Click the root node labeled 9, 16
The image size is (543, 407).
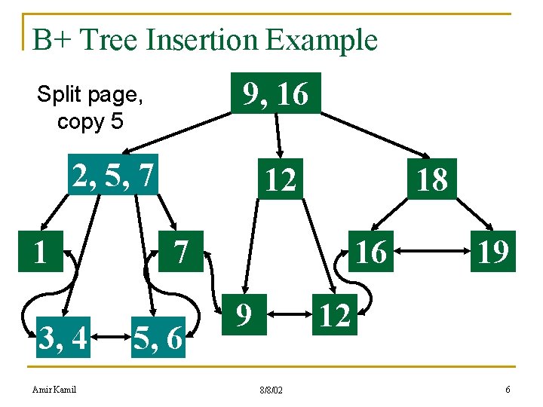pyautogui.click(x=275, y=93)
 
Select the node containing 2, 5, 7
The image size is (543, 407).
pyautogui.click(x=113, y=175)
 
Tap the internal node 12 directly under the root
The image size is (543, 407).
pyautogui.click(x=280, y=179)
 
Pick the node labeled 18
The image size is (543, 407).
pyautogui.click(x=431, y=179)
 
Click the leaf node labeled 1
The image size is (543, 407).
pyautogui.click(x=40, y=251)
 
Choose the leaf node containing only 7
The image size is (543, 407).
pyautogui.click(x=181, y=251)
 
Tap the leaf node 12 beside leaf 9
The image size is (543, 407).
pyautogui.click(x=335, y=316)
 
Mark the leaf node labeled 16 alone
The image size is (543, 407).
pyautogui.click(x=370, y=251)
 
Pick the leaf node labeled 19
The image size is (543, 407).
pyautogui.click(x=491, y=251)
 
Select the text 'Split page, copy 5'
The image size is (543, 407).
pyautogui.click(x=90, y=108)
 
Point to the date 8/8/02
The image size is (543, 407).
pyautogui.click(x=271, y=390)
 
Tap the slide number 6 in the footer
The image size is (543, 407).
pyautogui.click(x=508, y=389)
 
